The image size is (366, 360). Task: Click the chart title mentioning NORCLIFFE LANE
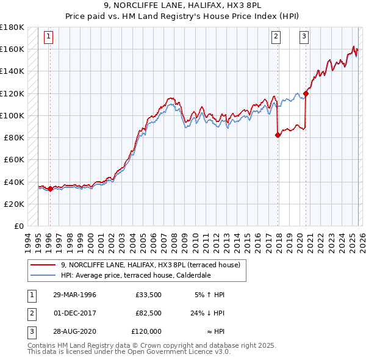[x=183, y=5]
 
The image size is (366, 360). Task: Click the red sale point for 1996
[x=50, y=189]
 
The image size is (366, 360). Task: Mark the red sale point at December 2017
[x=278, y=135]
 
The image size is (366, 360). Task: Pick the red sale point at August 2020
[x=306, y=93]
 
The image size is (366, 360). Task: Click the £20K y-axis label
[x=15, y=204]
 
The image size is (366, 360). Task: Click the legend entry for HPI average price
[x=135, y=275]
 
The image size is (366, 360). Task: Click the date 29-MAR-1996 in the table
[x=74, y=295]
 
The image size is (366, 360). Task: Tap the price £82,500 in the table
[x=148, y=313]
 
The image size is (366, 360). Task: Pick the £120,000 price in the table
[x=146, y=331]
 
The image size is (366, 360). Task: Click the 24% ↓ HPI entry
[x=207, y=313]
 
